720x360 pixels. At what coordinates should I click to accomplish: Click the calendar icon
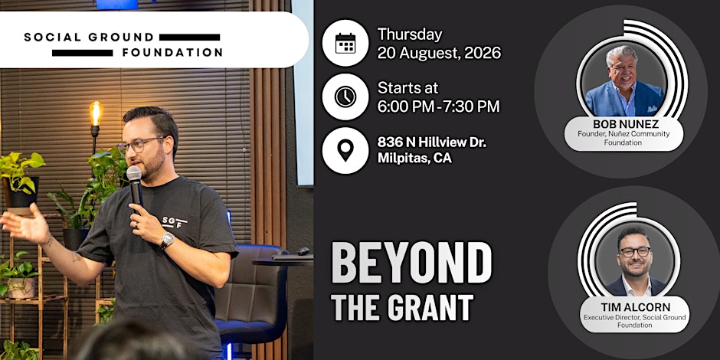pos(345,43)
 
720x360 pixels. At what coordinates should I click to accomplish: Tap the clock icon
pos(345,97)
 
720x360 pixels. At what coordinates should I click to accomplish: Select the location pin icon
pos(345,150)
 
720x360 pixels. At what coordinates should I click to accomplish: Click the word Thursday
pos(410,35)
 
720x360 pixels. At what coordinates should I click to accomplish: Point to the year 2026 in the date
pos(483,54)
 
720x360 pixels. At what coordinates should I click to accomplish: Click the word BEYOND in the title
pos(411,263)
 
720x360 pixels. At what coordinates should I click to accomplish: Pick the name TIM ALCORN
pos(635,307)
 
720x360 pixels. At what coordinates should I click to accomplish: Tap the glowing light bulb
pos(96,113)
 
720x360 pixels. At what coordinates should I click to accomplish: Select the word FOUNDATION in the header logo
pos(172,53)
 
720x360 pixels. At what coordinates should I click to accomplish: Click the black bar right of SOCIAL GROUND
pos(189,38)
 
